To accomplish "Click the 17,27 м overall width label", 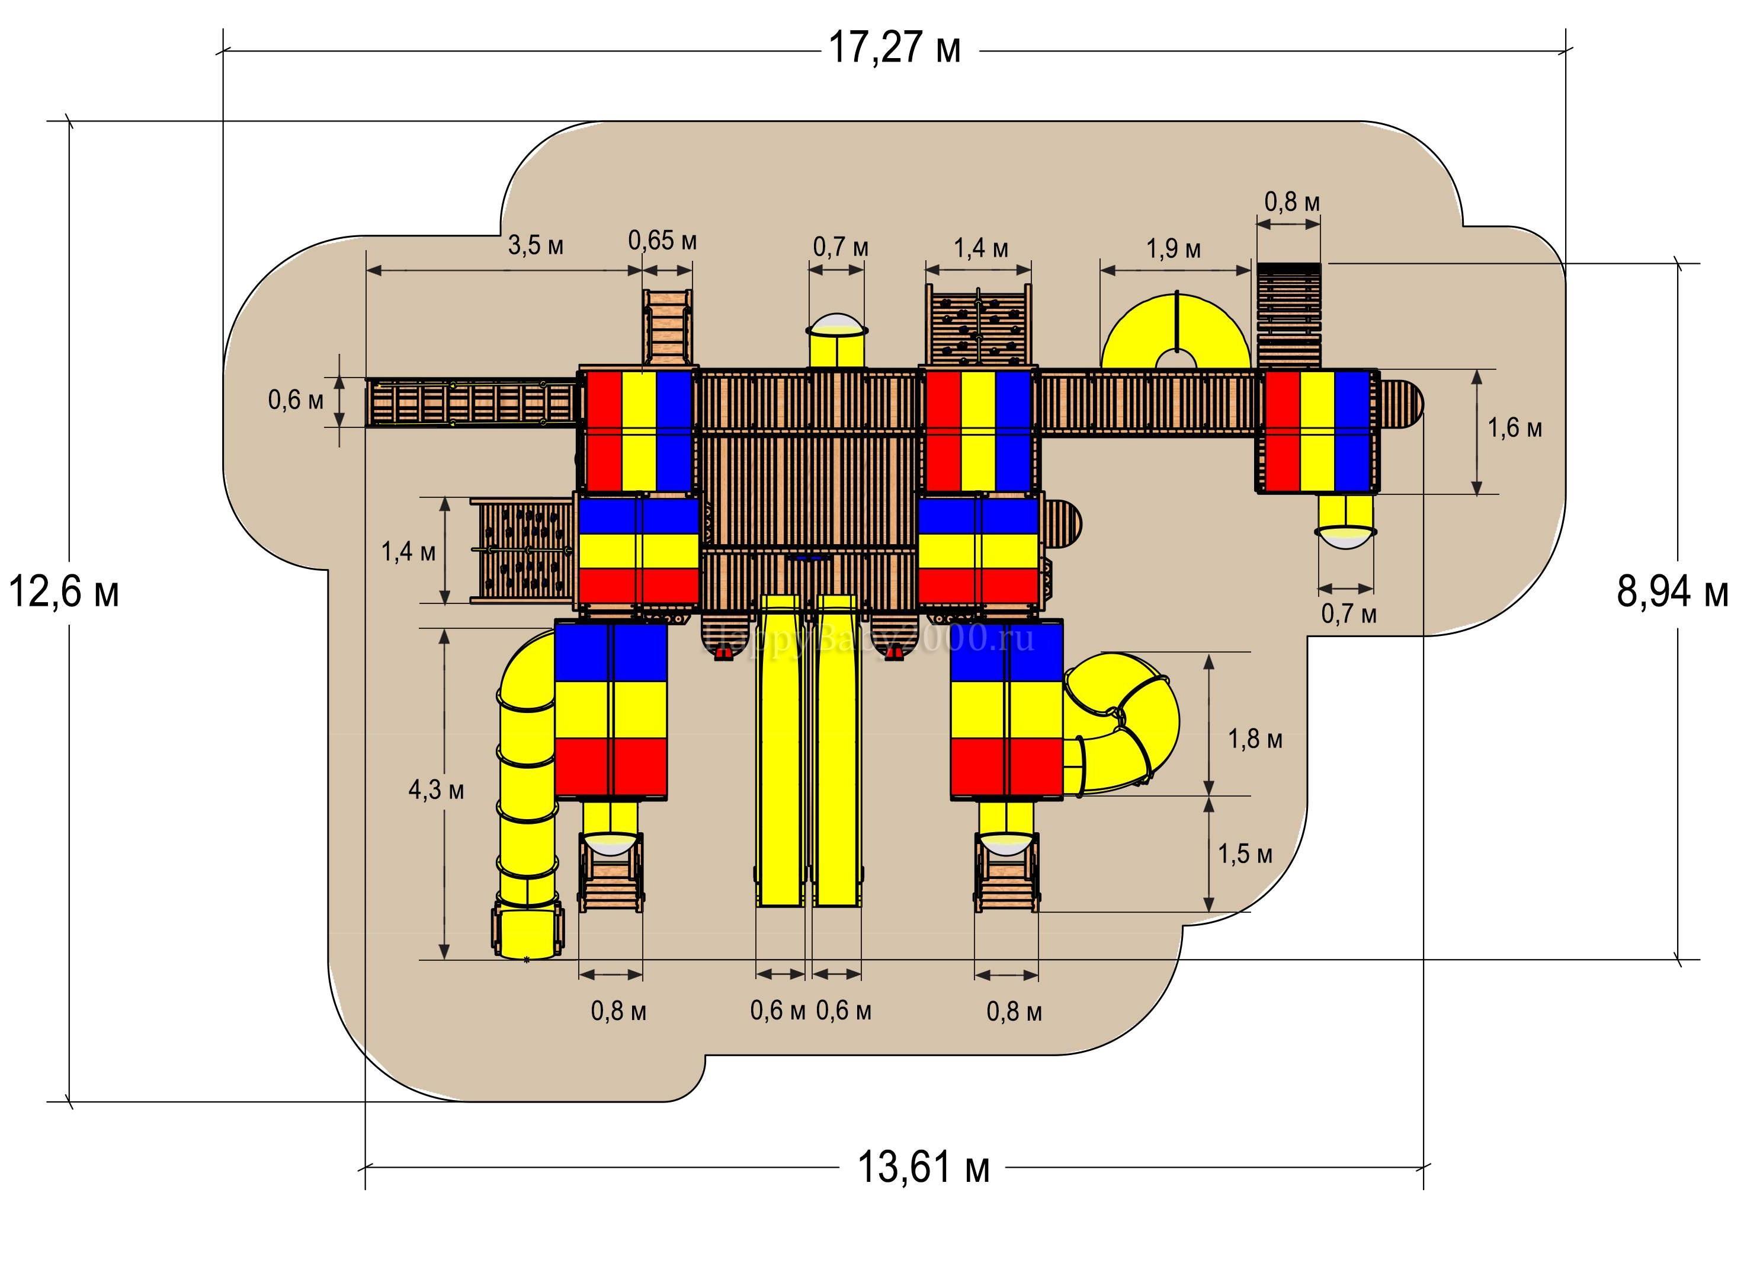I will (894, 48).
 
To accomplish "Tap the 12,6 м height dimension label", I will (64, 593).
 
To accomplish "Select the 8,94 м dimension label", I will (1672, 593).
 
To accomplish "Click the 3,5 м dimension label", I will (535, 246).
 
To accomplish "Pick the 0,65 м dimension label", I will (662, 241).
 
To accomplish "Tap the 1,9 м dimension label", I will (1172, 250).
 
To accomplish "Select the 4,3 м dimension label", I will (435, 790).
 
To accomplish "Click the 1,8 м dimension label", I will (1254, 739).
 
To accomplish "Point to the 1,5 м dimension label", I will (1244, 854).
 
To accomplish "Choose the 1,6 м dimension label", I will (1514, 428).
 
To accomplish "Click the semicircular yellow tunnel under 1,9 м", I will (1176, 333).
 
